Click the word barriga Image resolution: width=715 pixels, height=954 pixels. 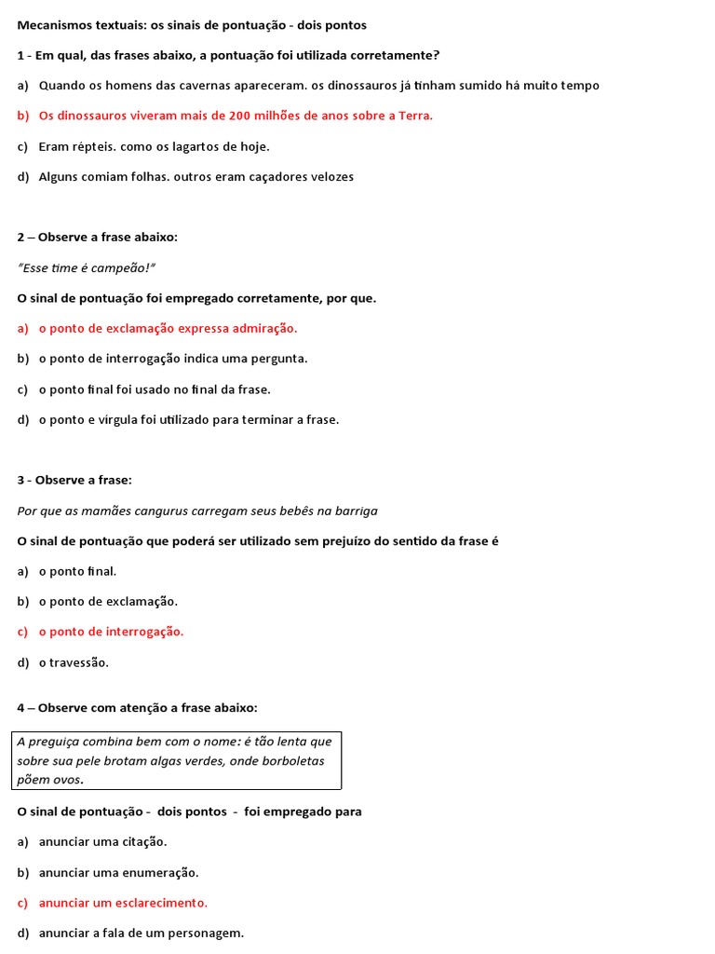tap(354, 511)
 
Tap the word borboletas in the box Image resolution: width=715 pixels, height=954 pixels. tap(286, 761)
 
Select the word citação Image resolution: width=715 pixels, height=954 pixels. tap(142, 842)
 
